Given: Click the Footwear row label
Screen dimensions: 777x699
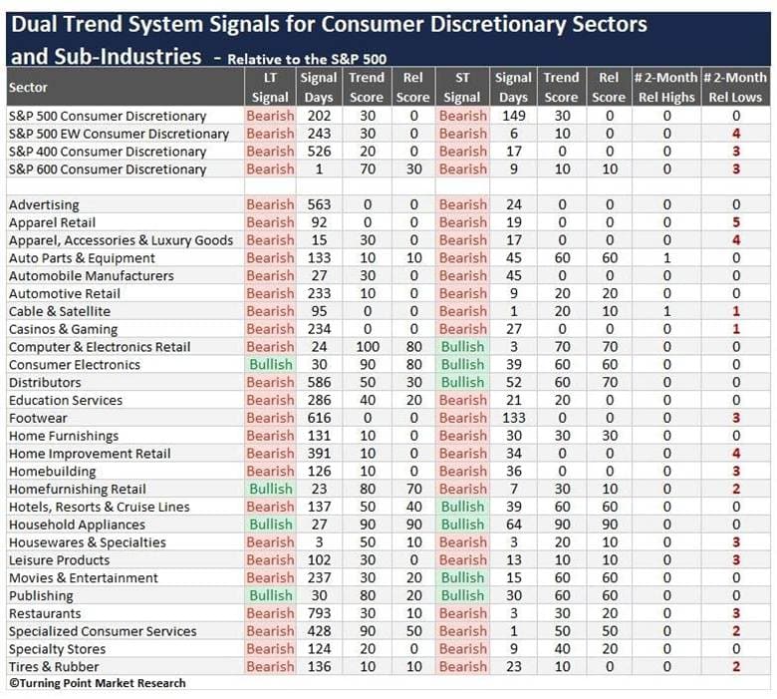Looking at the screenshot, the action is (x=38, y=418).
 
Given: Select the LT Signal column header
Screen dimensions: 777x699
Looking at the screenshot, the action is (x=270, y=88).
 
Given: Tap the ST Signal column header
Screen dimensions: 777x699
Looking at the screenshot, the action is (x=462, y=88).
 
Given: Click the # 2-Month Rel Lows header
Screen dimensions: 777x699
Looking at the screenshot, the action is (x=735, y=88).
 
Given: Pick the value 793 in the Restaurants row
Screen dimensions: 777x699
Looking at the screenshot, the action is (x=319, y=613).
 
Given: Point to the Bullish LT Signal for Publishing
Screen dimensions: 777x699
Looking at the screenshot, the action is (x=271, y=596).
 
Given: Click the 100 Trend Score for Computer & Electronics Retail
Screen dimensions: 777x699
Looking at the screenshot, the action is (x=368, y=347).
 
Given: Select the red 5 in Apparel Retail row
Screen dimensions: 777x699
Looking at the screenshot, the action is (x=736, y=222).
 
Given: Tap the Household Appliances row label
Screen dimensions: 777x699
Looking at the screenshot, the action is (x=77, y=524).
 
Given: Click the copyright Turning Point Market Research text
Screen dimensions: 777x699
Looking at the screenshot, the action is (x=98, y=683).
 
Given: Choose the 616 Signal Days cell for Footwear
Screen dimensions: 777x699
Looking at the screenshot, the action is (x=319, y=418).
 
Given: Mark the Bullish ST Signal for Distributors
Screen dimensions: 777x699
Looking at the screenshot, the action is (x=462, y=383).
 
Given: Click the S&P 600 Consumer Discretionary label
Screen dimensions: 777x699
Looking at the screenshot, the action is (x=107, y=170).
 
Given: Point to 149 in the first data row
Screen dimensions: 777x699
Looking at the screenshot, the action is (x=513, y=116).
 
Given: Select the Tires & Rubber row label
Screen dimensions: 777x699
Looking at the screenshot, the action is (x=54, y=667).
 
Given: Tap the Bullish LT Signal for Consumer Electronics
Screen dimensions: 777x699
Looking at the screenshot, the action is (x=271, y=365).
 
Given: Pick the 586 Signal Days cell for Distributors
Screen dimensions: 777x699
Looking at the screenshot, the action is (x=319, y=383).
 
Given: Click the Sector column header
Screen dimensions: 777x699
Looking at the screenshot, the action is (x=28, y=88).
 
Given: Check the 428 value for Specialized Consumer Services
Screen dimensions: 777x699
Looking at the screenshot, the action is (x=319, y=631).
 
